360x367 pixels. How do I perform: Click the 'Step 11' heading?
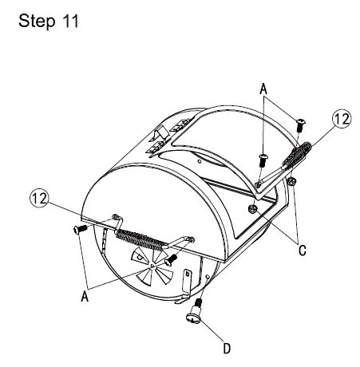coord(49,22)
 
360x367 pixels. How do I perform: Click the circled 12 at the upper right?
coord(341,119)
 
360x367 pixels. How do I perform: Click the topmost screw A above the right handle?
coord(301,124)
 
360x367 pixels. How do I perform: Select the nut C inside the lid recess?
coord(253,210)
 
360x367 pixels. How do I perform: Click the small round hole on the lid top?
coord(196,162)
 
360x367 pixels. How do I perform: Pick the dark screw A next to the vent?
coord(170,260)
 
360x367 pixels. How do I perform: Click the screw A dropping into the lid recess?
coord(261,160)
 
